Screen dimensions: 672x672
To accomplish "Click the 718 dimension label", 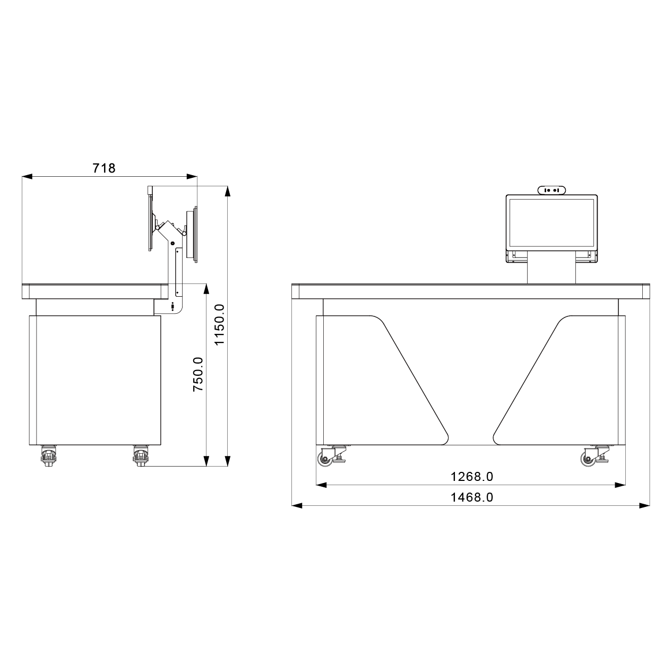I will pyautogui.click(x=104, y=168).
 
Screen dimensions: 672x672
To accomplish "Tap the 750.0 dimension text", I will pyautogui.click(x=197, y=374).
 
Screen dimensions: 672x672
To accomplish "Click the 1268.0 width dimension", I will pyautogui.click(x=471, y=477).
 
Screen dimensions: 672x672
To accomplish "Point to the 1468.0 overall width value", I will pyautogui.click(x=471, y=497).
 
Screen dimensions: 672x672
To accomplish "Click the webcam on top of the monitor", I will pyautogui.click(x=552, y=189).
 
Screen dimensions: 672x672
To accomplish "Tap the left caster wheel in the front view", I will pyautogui.click(x=325, y=460).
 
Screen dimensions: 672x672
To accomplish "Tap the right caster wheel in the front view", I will pyautogui.click(x=588, y=460).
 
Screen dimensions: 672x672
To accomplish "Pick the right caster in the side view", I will pyautogui.click(x=141, y=456).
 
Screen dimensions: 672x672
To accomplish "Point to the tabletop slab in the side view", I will pyautogui.click(x=93, y=291).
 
